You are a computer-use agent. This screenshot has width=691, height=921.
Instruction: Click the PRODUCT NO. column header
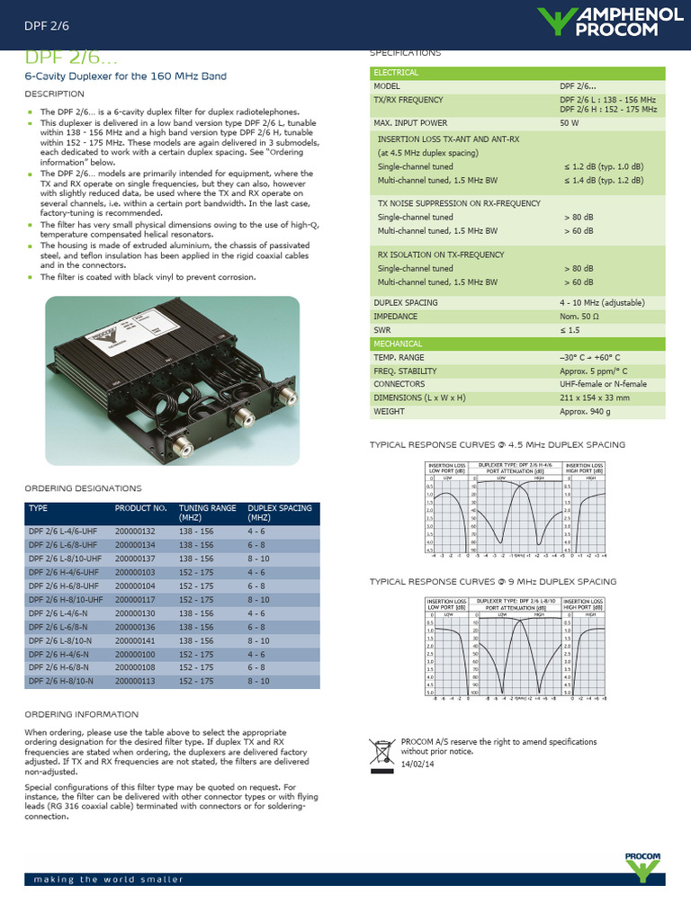(x=141, y=508)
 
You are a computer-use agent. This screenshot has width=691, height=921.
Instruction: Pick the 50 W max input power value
(x=570, y=122)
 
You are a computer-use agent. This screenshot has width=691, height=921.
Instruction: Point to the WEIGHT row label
(x=390, y=411)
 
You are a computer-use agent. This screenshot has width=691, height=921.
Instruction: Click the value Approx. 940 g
(x=585, y=411)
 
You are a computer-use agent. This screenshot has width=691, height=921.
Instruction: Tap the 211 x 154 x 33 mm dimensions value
(x=595, y=398)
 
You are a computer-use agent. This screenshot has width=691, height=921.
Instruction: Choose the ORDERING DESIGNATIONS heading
(x=83, y=488)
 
